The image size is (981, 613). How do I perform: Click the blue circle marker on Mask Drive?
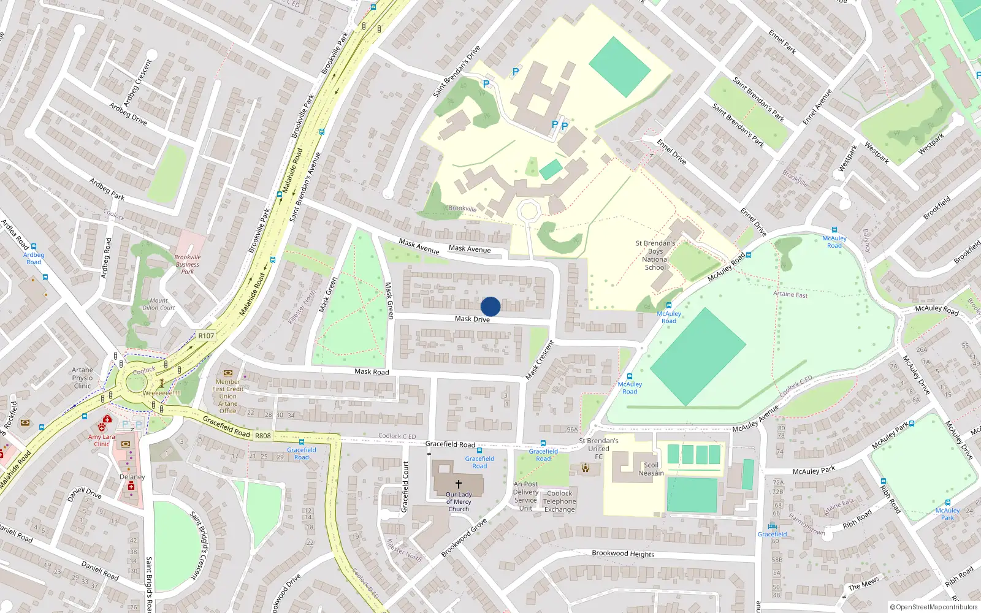[490, 306]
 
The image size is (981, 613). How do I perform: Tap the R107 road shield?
[206, 336]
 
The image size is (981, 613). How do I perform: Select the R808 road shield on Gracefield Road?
[263, 436]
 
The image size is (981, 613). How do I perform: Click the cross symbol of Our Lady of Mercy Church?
[458, 484]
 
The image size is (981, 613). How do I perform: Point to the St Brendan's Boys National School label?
[655, 255]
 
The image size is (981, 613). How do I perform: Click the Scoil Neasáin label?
[651, 469]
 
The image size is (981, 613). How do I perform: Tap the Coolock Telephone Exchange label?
[559, 501]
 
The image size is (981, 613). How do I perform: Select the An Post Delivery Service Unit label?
[525, 496]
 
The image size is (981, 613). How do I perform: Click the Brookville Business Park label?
[188, 264]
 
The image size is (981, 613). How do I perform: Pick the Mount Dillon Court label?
[159, 304]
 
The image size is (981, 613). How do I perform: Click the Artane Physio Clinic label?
[82, 378]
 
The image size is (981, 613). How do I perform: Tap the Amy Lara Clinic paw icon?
[102, 427]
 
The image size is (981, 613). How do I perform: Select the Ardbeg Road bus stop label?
[34, 258]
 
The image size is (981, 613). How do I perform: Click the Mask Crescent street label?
[540, 360]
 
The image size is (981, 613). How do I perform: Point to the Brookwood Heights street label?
[623, 554]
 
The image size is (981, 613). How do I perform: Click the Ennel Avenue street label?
[817, 107]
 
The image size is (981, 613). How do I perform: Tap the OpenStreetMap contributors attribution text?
[933, 607]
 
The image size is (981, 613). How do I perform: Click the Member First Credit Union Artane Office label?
[227, 396]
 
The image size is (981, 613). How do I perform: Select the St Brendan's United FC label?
[598, 449]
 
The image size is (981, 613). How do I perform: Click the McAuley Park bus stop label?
[947, 514]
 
